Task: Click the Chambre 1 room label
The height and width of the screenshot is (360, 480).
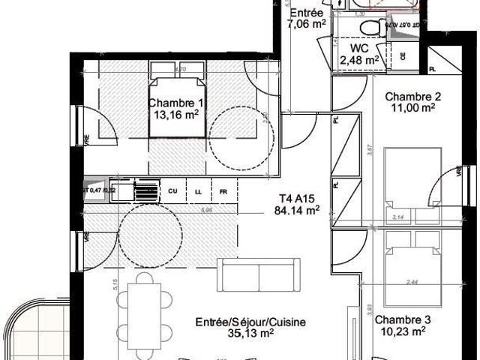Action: [x=175, y=103]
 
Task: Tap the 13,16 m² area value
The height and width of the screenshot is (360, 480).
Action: [x=175, y=115]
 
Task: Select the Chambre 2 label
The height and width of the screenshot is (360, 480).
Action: [x=412, y=96]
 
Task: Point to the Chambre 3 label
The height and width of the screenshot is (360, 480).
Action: [x=401, y=318]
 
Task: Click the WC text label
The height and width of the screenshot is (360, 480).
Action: [x=358, y=48]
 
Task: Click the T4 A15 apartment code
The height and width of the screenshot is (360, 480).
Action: [x=295, y=199]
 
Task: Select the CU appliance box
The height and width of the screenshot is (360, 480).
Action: [x=172, y=191]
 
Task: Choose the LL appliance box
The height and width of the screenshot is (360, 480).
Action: [x=199, y=191]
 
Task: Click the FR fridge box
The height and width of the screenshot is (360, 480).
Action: [x=223, y=191]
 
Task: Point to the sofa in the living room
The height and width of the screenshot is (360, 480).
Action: [x=259, y=274]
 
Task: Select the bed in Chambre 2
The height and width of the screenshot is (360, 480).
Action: [x=411, y=180]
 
